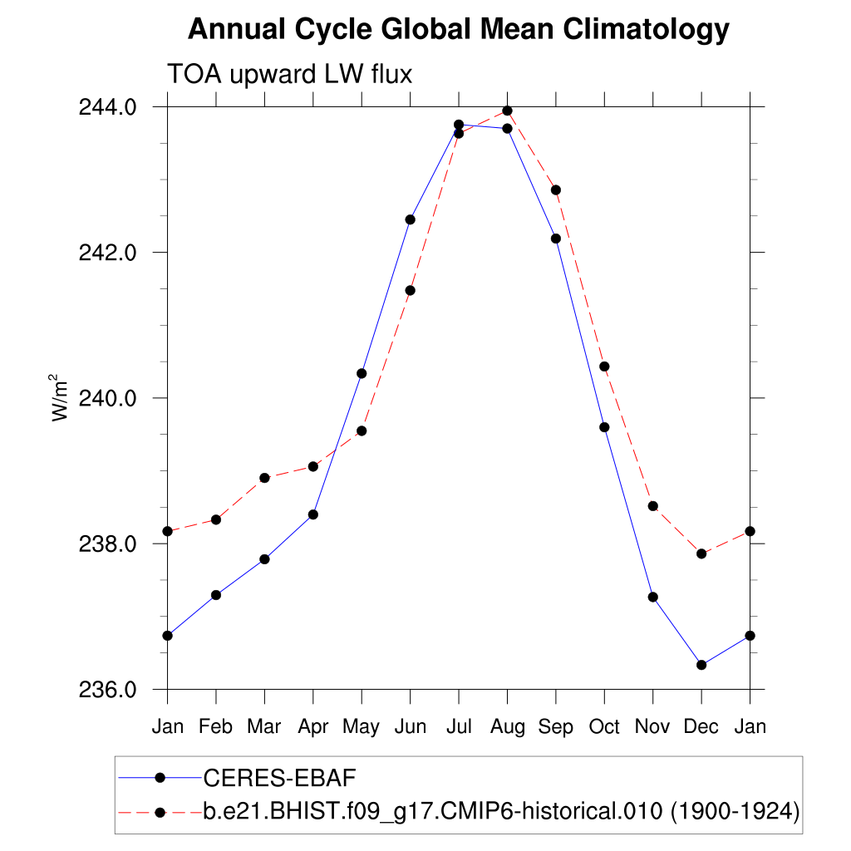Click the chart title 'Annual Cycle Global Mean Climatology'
click(x=458, y=30)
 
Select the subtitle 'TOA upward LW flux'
click(x=290, y=74)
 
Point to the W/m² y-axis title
click(x=60, y=397)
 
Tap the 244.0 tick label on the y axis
click(x=106, y=106)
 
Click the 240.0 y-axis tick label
click(x=106, y=398)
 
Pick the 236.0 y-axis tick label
click(x=106, y=690)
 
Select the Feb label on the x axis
click(x=216, y=727)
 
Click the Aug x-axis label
click(x=507, y=727)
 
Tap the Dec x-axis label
click(x=701, y=727)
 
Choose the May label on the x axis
click(x=362, y=727)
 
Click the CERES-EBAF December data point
click(x=701, y=665)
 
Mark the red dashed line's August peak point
click(x=507, y=111)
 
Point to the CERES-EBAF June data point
click(x=410, y=219)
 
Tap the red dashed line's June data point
click(x=410, y=290)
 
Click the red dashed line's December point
click(x=701, y=553)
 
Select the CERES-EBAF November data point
click(x=653, y=597)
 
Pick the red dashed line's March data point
click(x=264, y=478)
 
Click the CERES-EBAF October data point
click(x=604, y=427)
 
